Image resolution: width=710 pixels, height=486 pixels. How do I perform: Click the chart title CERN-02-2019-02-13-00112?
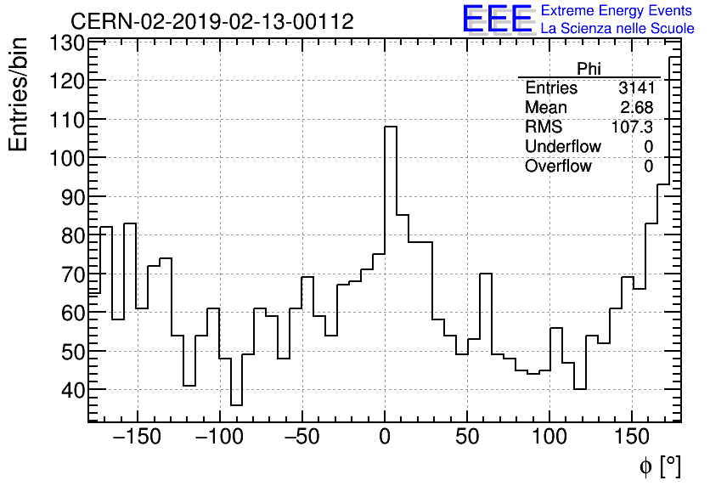tap(211, 21)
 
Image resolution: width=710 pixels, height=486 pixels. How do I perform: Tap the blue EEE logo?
tap(497, 20)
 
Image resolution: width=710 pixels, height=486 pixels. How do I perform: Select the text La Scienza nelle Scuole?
tap(617, 29)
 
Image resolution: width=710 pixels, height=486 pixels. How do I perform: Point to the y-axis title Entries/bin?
tap(19, 94)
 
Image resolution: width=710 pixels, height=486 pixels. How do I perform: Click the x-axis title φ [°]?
tap(659, 466)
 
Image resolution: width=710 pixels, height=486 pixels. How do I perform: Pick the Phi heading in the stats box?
tap(589, 69)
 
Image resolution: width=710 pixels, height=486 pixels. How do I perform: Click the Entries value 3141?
tap(636, 88)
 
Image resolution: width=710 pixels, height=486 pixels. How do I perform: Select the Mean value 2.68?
tap(637, 108)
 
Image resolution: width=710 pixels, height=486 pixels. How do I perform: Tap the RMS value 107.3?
tap(633, 127)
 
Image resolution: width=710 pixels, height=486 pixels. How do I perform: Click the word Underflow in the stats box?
tap(562, 147)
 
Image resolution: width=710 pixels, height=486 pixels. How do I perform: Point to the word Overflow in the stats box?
tap(558, 167)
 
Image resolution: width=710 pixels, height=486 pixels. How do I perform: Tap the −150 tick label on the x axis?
tap(137, 438)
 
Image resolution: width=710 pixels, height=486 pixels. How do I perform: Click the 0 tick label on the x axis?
tap(385, 438)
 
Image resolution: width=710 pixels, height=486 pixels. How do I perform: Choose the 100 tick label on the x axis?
tap(550, 438)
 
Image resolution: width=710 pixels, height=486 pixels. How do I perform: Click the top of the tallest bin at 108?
tap(391, 127)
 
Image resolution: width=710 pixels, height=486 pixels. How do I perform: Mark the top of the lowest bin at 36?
tap(236, 405)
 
